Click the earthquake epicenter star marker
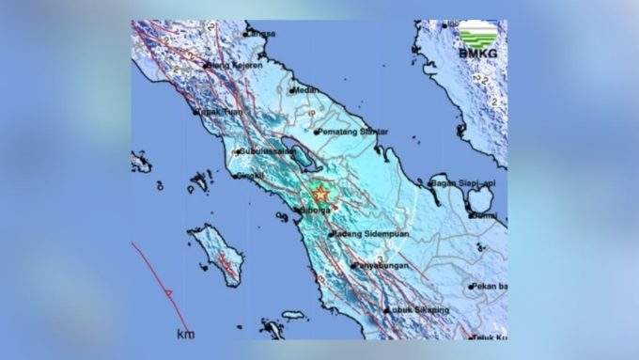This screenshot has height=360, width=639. coord(320,195)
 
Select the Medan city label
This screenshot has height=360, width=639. coord(305,90)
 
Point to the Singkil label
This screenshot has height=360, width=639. coord(251,175)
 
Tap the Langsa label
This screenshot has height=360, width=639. coord(260,34)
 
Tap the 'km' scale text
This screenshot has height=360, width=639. coord(184,333)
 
